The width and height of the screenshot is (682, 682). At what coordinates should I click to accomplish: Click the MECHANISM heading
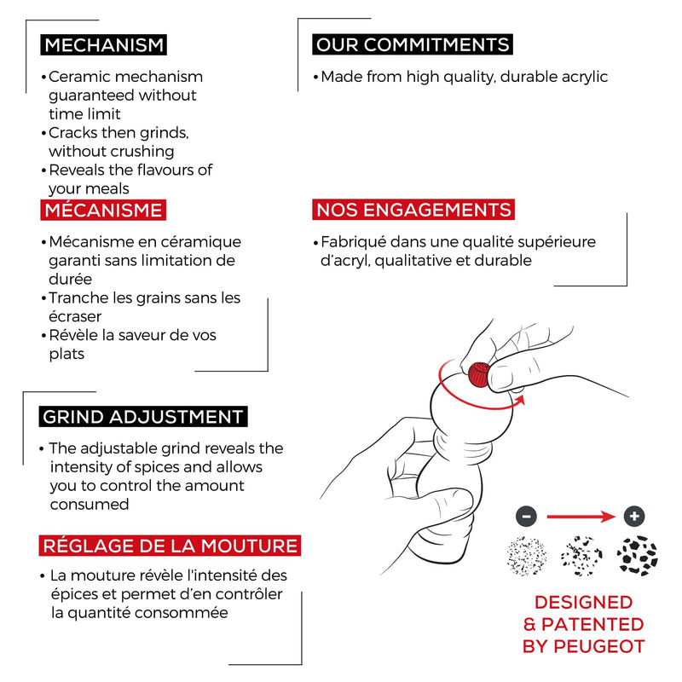[103, 45]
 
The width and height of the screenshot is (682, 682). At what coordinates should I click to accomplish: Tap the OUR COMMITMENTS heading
[413, 44]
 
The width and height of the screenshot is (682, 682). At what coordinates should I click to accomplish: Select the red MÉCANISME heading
[103, 210]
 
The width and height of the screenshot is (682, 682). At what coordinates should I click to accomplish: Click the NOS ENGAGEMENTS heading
[413, 210]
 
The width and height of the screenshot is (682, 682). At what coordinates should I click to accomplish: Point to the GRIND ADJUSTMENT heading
[143, 417]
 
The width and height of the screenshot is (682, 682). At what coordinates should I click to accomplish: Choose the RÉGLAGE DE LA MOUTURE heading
[170, 546]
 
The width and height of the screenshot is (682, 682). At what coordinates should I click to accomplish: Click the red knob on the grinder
[479, 374]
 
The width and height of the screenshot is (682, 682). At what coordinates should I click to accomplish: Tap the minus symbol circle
[526, 517]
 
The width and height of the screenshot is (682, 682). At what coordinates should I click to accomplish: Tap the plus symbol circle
[634, 517]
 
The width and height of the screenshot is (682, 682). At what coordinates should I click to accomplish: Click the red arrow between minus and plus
[581, 517]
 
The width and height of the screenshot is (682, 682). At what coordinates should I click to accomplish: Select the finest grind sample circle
[526, 557]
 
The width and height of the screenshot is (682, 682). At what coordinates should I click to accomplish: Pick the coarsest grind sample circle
[637, 556]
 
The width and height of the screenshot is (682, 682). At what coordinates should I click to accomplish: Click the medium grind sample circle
[581, 557]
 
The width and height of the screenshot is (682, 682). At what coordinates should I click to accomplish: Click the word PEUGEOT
[599, 647]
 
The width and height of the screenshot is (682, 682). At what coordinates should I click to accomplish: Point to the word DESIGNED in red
[584, 603]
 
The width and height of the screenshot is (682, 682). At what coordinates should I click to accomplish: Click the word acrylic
[585, 78]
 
